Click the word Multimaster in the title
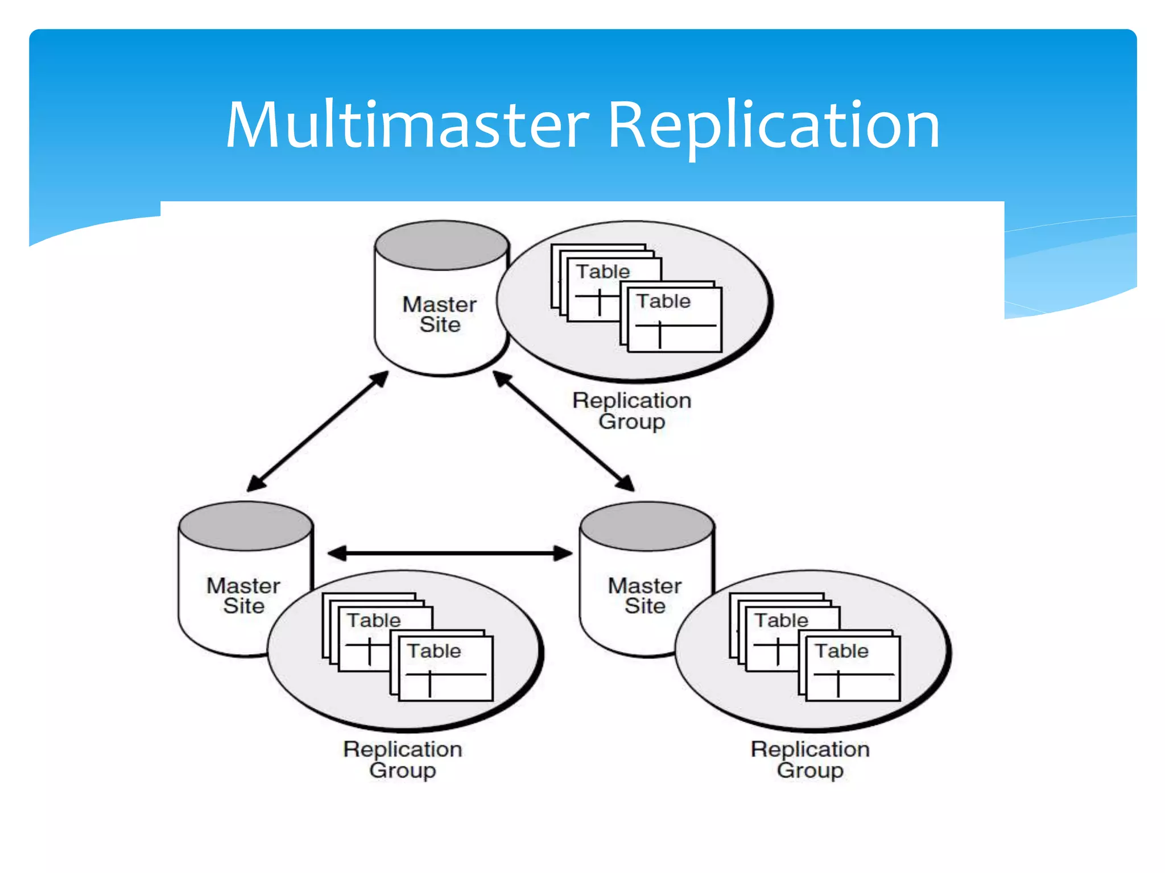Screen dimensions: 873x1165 [x=407, y=125]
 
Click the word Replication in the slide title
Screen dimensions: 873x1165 [x=774, y=125]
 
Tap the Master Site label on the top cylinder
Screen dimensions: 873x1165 [x=439, y=314]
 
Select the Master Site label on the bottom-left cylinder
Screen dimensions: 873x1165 [x=243, y=596]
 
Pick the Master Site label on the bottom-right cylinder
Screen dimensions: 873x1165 [x=645, y=596]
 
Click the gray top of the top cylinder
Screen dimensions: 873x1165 [x=441, y=246]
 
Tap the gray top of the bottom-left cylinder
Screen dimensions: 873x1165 [x=246, y=526]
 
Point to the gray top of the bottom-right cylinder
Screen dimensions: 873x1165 [x=647, y=526]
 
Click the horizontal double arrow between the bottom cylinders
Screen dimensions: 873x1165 [x=449, y=553]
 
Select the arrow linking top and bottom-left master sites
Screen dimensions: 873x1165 [x=317, y=431]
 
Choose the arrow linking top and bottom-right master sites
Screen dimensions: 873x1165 [x=563, y=431]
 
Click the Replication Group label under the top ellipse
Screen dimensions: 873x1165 [x=631, y=411]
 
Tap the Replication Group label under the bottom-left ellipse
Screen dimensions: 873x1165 [x=402, y=759]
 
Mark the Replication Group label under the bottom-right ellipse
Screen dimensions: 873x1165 [x=810, y=759]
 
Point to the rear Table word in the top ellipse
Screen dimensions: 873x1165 [x=603, y=272]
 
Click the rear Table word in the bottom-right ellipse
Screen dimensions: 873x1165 [x=781, y=620]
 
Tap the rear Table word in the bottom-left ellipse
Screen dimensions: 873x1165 [x=374, y=620]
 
